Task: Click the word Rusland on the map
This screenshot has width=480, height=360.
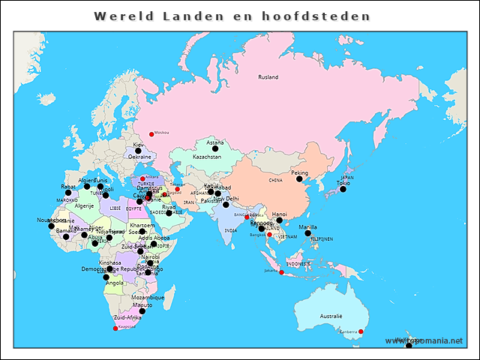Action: [x=268, y=77]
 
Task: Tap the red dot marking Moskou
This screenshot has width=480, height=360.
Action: [x=151, y=134]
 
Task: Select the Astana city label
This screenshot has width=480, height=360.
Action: [x=215, y=142]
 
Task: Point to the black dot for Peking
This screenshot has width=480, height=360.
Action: [x=299, y=178]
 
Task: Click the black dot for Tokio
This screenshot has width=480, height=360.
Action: [x=343, y=189]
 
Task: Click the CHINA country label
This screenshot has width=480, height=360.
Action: [x=276, y=181]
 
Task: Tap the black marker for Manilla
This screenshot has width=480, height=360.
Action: [x=307, y=233]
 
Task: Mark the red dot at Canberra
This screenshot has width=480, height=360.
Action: [x=361, y=331]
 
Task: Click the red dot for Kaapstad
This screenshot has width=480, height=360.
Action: [x=115, y=328]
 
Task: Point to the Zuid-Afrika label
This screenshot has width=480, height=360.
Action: [x=127, y=318]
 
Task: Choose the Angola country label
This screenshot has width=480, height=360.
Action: [x=115, y=283]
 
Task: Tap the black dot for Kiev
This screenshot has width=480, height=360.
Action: [x=138, y=151]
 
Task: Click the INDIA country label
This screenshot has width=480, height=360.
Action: [x=230, y=230]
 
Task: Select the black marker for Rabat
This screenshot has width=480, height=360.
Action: [x=68, y=193]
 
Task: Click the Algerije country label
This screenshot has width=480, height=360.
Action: [x=84, y=205]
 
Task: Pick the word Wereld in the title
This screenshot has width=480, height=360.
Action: [x=120, y=16]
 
